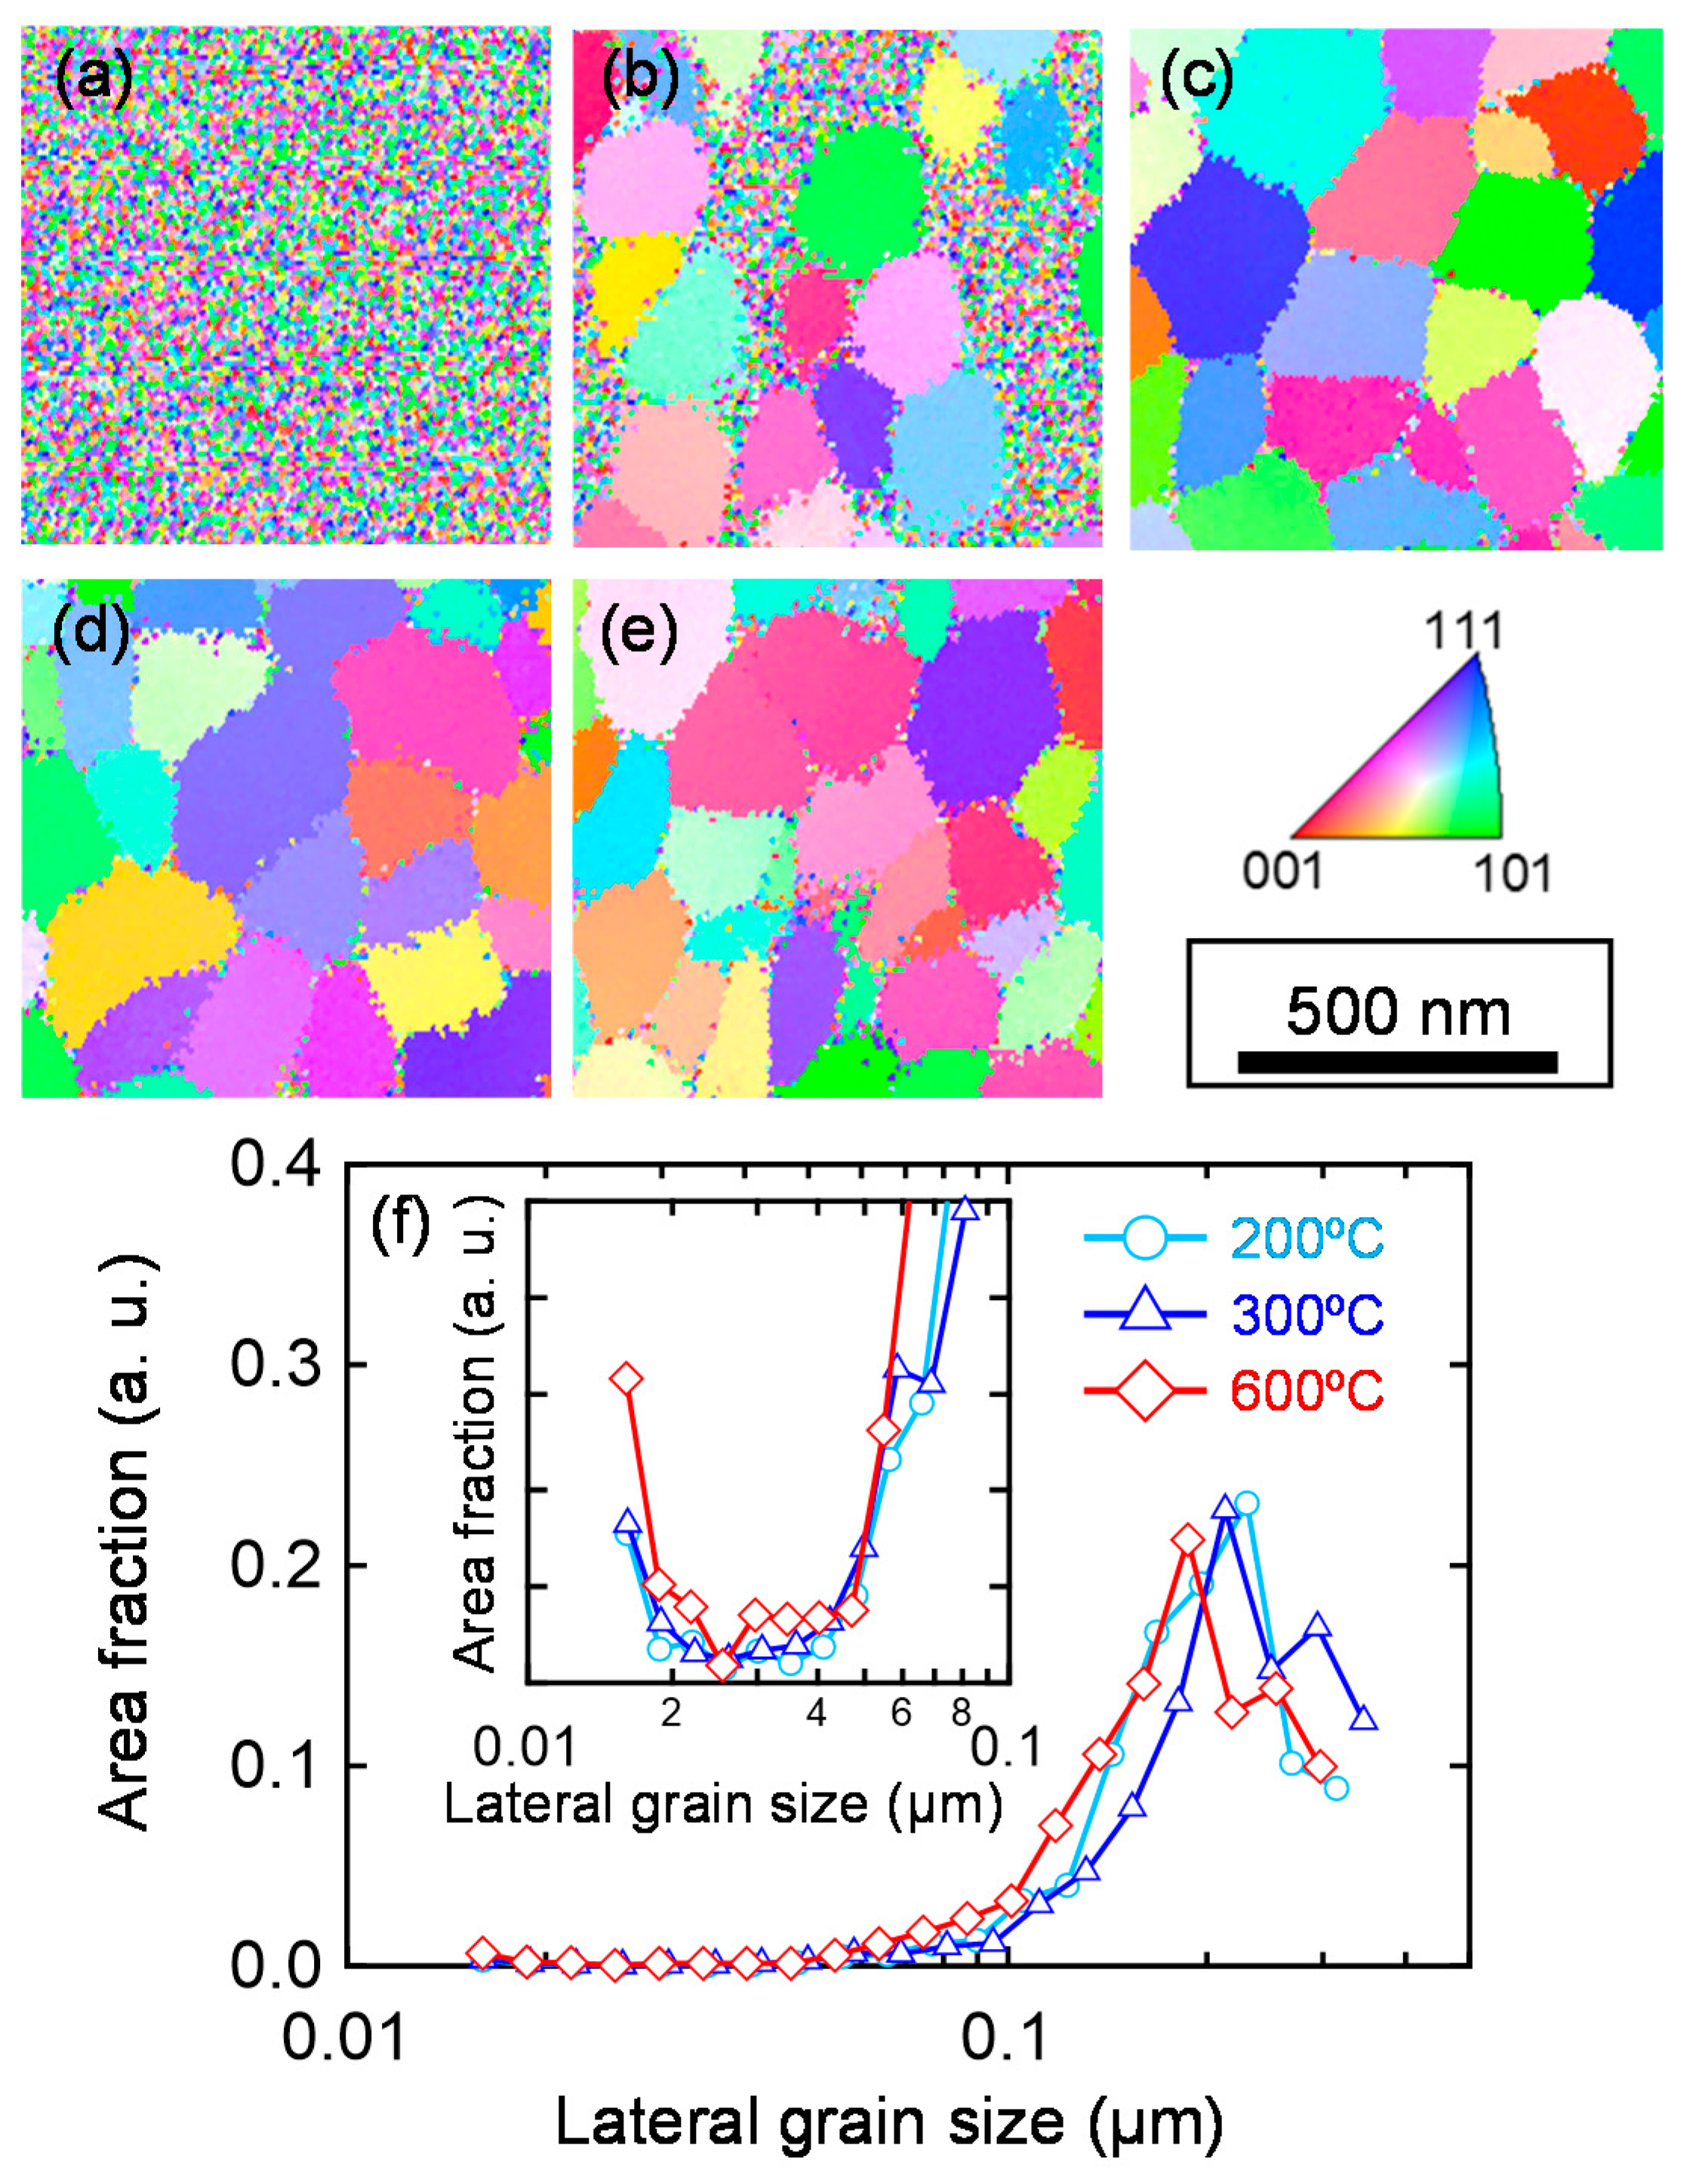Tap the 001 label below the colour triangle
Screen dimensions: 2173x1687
pos(1284,872)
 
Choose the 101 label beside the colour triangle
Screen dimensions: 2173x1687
pos(1513,874)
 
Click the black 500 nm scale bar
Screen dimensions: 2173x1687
pos(1396,1062)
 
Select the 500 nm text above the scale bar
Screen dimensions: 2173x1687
pos(1397,1012)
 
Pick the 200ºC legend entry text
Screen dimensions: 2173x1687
pos(1307,1239)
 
